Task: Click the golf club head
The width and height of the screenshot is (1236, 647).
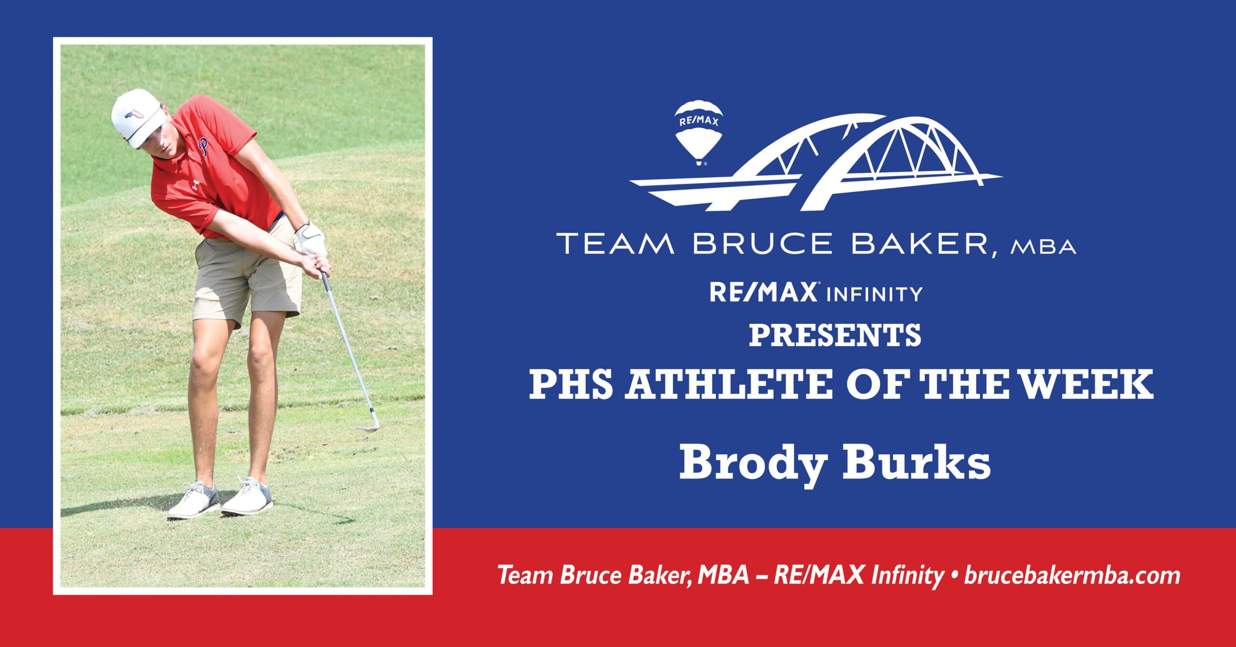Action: [368, 421]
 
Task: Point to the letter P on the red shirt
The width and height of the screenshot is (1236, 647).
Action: [205, 146]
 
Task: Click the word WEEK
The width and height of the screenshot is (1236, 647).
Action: [1088, 384]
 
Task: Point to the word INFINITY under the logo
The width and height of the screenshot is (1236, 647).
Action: [874, 294]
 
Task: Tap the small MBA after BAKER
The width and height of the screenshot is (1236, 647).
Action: [1043, 247]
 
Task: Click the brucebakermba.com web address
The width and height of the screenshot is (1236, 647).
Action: [1072, 576]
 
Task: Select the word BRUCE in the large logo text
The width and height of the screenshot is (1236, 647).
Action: [762, 243]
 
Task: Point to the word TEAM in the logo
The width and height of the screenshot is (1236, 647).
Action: [616, 243]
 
